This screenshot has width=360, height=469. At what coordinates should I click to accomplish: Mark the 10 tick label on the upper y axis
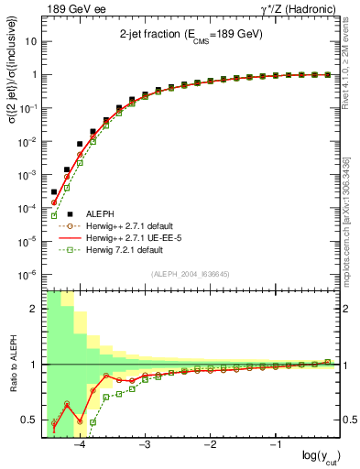[x=32, y=42]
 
